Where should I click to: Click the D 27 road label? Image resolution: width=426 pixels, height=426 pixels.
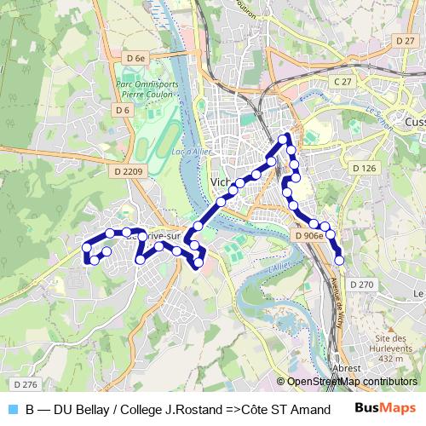point(406,40)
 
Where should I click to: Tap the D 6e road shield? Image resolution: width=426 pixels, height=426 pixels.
point(135,57)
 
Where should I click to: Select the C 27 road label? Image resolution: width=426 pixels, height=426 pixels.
point(343,81)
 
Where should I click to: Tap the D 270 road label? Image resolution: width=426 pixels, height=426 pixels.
point(361,284)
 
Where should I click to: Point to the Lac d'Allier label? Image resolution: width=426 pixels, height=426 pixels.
point(191,152)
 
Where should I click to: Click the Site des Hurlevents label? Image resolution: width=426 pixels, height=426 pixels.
point(393,343)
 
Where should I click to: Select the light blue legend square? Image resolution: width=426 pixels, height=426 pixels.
point(12,410)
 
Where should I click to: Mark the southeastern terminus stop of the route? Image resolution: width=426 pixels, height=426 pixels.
point(339,260)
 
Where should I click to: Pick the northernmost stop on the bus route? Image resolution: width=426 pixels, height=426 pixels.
point(284,139)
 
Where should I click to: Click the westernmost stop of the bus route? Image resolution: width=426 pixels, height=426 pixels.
point(86,247)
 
